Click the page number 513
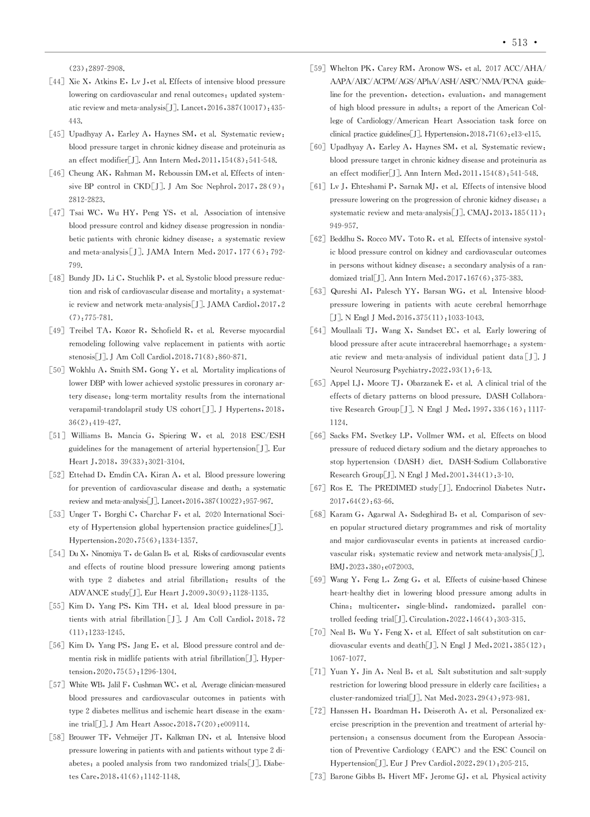[519, 42]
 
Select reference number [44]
[57, 82]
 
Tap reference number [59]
[318, 69]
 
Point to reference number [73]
[318, 777]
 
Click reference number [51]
[57, 436]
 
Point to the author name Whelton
[345, 69]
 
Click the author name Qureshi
[345, 291]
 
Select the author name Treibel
[82, 331]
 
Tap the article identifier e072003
[398, 566]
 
